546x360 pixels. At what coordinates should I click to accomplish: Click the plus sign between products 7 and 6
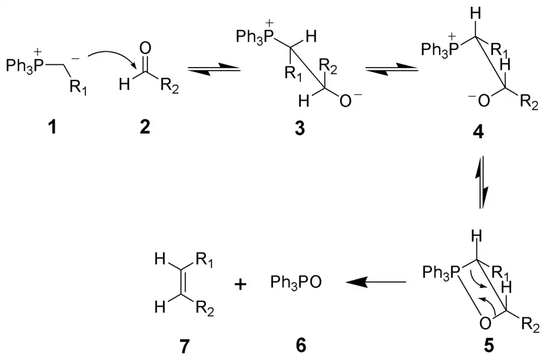point(241,284)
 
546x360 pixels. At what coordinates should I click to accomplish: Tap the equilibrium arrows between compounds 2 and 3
point(213,69)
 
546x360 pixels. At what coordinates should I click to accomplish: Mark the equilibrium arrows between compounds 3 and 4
point(391,69)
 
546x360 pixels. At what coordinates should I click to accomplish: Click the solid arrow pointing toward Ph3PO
point(376,282)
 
